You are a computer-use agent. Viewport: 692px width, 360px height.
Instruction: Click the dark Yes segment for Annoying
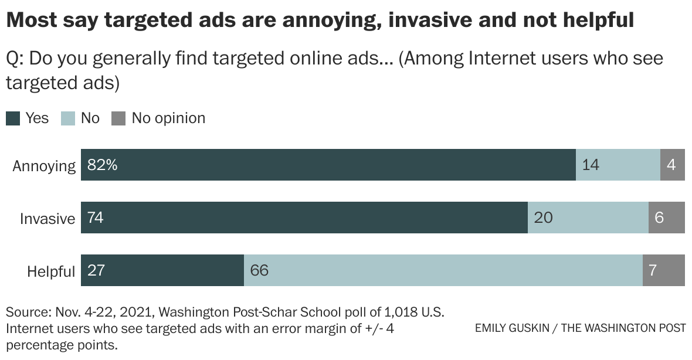pos(328,165)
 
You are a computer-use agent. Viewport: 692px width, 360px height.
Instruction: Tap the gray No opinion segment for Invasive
pos(666,218)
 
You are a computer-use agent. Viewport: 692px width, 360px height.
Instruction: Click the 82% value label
pos(103,165)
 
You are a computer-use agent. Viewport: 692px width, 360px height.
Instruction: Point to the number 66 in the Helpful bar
pos(259,271)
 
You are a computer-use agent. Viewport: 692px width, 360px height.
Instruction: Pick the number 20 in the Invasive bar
pos(543,218)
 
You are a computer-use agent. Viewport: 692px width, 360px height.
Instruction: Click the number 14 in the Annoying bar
pos(591,165)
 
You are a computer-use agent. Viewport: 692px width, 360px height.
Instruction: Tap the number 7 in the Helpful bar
pos(653,271)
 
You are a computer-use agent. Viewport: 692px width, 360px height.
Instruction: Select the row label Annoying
pos(44,166)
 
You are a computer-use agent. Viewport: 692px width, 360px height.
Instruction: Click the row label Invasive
pos(48,219)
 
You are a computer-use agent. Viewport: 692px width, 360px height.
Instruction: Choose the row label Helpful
pos(51,271)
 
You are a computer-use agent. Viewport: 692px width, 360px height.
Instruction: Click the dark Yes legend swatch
pos(13,118)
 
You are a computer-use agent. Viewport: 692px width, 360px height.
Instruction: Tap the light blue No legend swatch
pos(68,118)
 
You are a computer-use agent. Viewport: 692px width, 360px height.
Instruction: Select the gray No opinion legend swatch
pos(118,118)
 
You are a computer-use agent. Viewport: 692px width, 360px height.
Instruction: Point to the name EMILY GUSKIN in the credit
pos(512,328)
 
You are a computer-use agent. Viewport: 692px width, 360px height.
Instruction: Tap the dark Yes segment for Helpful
pos(162,270)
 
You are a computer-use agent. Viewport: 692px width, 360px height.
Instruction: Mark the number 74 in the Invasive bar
pos(96,218)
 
